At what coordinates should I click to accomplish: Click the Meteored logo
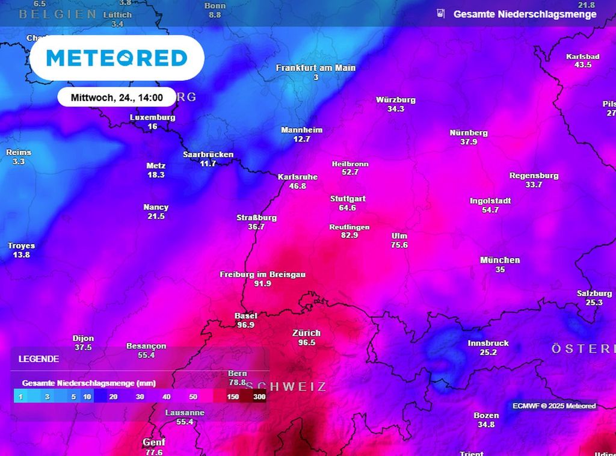click(x=117, y=58)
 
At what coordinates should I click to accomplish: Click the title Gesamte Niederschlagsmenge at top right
click(x=525, y=14)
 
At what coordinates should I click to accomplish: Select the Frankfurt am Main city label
click(x=316, y=68)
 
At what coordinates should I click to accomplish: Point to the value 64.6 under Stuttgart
click(x=347, y=208)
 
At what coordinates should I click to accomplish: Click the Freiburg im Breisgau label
click(x=262, y=274)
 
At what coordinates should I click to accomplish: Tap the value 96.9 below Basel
click(x=245, y=325)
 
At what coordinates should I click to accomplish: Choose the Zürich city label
click(x=306, y=333)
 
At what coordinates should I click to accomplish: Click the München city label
click(x=500, y=260)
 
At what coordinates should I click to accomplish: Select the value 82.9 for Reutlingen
click(x=349, y=235)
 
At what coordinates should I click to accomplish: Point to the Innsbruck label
click(x=488, y=344)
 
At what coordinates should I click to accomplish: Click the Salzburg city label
click(x=594, y=293)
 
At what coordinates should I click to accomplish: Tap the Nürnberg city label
click(x=469, y=133)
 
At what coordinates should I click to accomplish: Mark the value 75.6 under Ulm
click(x=399, y=245)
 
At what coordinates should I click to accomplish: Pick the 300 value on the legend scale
click(x=259, y=397)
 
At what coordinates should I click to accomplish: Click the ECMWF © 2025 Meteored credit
click(x=554, y=406)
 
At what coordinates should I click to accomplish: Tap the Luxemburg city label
click(x=152, y=118)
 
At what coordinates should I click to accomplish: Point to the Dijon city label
click(x=83, y=339)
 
